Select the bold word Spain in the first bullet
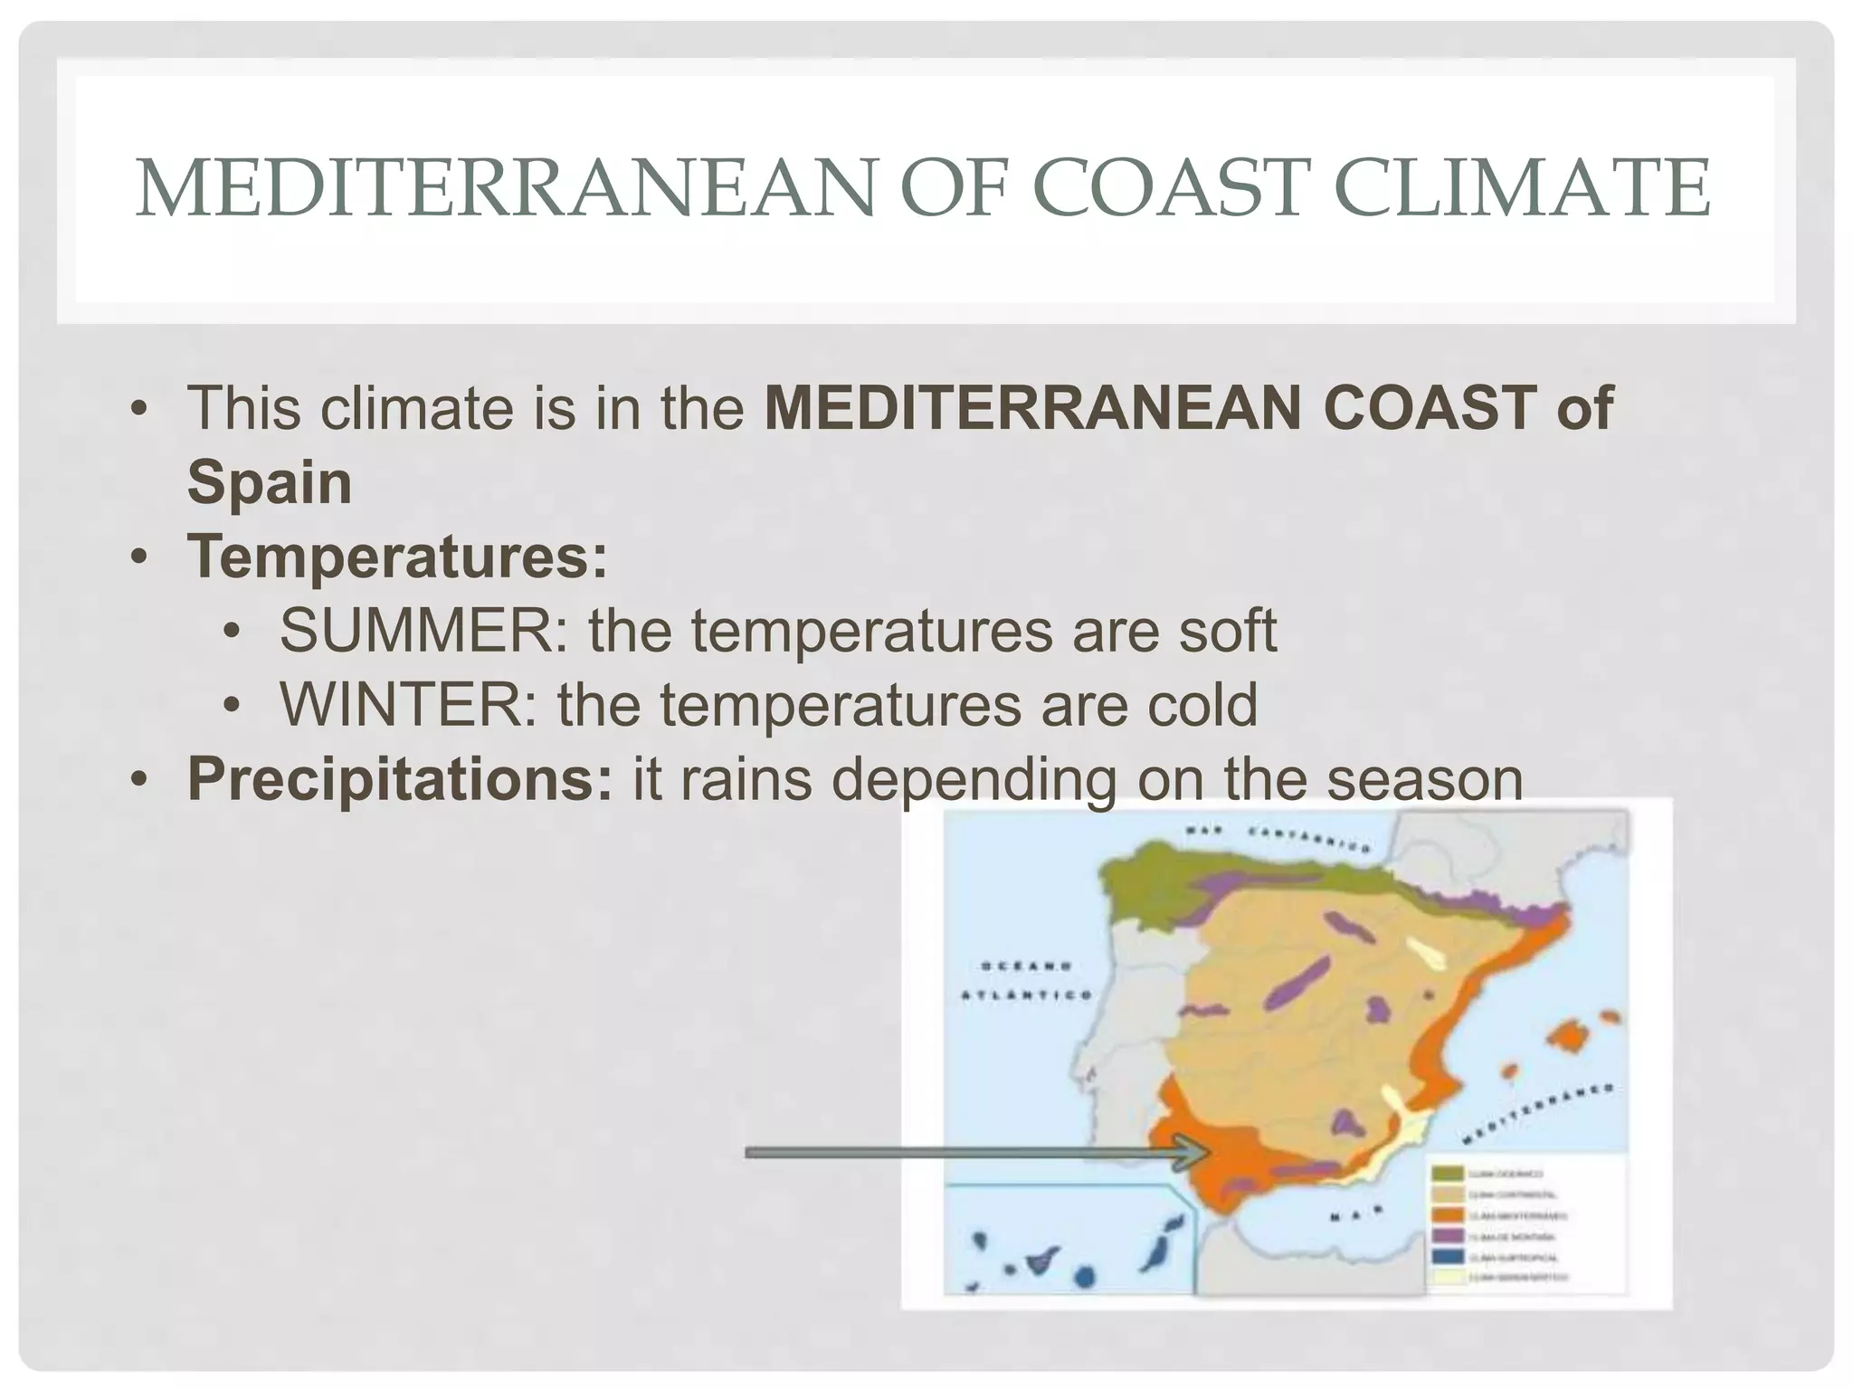click(269, 481)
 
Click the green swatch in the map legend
click(1448, 1174)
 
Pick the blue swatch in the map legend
click(1448, 1257)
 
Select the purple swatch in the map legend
click(1448, 1236)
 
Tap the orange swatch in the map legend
click(1448, 1215)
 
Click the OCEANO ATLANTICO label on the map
click(1025, 980)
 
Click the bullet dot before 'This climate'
click(138, 407)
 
